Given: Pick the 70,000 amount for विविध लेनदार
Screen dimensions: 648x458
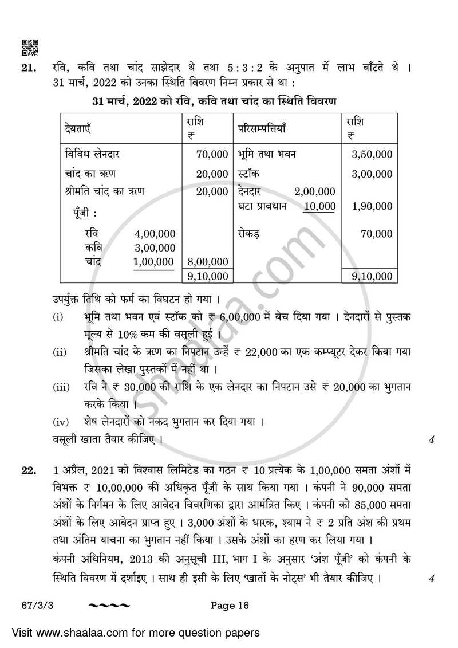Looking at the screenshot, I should (x=211, y=154).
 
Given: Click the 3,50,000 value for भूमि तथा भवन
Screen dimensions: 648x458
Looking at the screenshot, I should (x=372, y=154).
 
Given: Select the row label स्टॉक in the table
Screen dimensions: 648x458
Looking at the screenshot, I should (x=250, y=174).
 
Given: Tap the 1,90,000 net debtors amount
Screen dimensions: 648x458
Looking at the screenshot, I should (x=372, y=206).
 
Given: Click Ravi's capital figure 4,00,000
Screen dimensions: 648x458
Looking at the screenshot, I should (x=155, y=234).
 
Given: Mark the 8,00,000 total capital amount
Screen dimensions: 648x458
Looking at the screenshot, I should (x=207, y=262).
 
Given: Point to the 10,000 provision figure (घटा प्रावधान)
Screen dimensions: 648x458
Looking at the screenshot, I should (x=319, y=206).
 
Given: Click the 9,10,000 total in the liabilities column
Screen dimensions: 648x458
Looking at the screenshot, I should (x=207, y=277).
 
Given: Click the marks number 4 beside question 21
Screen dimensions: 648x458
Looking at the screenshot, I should (x=431, y=440).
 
